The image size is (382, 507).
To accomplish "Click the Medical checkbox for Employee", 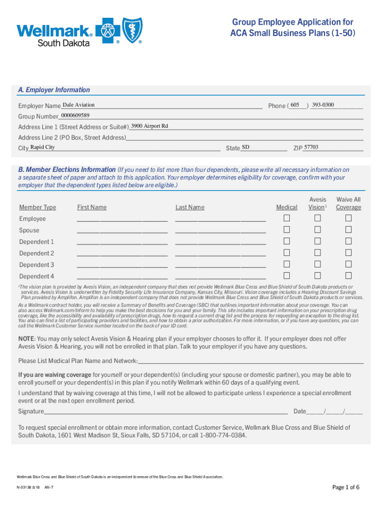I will click(x=287, y=218).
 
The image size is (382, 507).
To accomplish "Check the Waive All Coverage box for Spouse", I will click(x=348, y=230).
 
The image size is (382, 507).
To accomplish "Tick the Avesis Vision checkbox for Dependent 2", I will click(x=318, y=253).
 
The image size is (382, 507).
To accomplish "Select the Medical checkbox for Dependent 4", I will click(x=287, y=275).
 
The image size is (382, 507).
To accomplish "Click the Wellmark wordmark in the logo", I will click(x=55, y=31).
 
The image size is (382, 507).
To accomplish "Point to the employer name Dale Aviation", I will click(x=78, y=105).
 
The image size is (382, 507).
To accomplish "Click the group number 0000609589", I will click(x=75, y=115).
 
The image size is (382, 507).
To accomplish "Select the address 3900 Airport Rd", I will click(x=149, y=126).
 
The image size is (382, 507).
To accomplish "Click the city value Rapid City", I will click(x=42, y=147).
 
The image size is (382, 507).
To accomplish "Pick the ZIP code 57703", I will click(x=311, y=147).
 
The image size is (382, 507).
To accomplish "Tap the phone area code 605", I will click(x=295, y=105).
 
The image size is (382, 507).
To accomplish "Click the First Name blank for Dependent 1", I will click(x=122, y=242).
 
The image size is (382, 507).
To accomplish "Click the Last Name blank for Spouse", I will click(x=220, y=230).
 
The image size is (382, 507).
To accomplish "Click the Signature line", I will click(x=166, y=411).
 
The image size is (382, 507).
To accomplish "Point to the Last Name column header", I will click(x=190, y=207).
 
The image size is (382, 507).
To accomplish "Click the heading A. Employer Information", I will click(x=54, y=90).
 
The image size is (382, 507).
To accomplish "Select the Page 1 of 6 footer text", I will click(x=346, y=488).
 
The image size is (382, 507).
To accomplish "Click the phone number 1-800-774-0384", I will click(x=223, y=435).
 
